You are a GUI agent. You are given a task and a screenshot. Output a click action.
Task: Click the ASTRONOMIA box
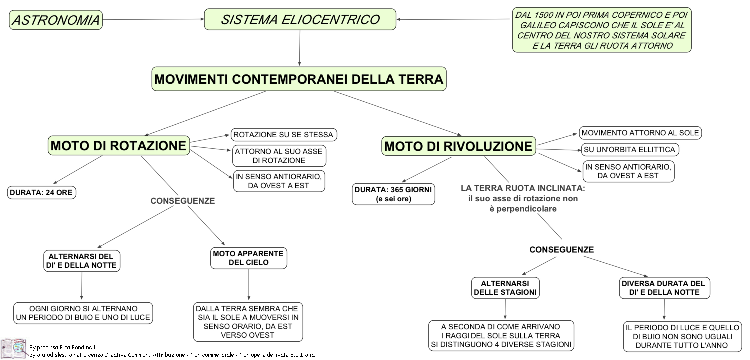56,20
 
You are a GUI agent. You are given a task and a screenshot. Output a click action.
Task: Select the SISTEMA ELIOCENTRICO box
300,20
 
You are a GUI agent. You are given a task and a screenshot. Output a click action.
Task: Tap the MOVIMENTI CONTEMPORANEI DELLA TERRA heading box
299,79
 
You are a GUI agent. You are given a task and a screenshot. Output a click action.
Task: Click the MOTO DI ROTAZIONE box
119,145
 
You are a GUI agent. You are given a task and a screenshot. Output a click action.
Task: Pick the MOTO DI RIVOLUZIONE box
458,146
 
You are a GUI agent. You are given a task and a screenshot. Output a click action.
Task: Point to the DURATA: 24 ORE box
42,193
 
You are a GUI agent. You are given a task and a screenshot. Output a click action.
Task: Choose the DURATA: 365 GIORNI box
394,194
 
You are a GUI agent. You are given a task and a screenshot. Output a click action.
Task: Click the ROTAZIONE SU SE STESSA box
284,135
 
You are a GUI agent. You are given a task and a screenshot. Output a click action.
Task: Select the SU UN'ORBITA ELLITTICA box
630,149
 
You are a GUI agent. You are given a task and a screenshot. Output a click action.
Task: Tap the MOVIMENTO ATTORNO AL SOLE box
640,133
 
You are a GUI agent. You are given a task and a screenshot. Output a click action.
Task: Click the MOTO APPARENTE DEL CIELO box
249,258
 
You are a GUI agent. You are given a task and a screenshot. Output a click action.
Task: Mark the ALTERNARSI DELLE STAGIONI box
505,288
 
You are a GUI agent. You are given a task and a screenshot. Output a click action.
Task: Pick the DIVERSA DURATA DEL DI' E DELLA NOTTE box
664,288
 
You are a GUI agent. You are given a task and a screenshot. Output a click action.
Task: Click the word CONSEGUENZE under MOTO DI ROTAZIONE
183,201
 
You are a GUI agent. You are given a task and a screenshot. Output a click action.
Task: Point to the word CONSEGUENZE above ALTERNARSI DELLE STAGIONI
562,250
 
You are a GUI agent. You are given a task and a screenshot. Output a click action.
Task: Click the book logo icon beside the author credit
13,348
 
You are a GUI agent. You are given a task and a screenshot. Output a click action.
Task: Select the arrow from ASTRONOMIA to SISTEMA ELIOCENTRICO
153,19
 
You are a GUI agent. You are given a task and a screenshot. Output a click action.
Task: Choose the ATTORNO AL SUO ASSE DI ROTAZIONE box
279,156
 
